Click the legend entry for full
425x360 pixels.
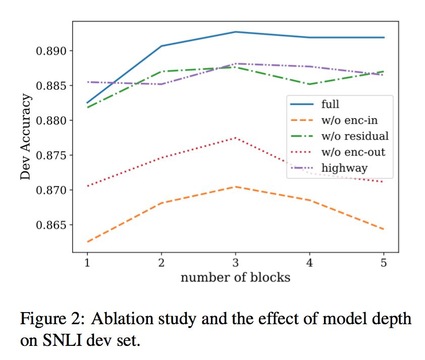click(330, 104)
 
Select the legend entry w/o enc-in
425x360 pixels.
click(349, 120)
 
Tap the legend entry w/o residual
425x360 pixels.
click(355, 136)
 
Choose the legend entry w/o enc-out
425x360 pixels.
click(352, 152)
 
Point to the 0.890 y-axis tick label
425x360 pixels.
click(50, 51)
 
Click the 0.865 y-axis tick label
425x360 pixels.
click(50, 225)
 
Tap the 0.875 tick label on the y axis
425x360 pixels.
click(50, 155)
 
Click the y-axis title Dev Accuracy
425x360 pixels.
click(26, 137)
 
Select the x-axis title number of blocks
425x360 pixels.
click(235, 277)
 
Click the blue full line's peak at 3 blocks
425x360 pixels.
click(235, 32)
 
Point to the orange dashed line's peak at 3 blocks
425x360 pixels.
click(235, 187)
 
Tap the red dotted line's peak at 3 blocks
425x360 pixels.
click(235, 138)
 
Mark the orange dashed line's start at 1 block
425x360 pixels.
click(87, 242)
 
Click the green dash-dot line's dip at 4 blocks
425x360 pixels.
click(309, 84)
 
